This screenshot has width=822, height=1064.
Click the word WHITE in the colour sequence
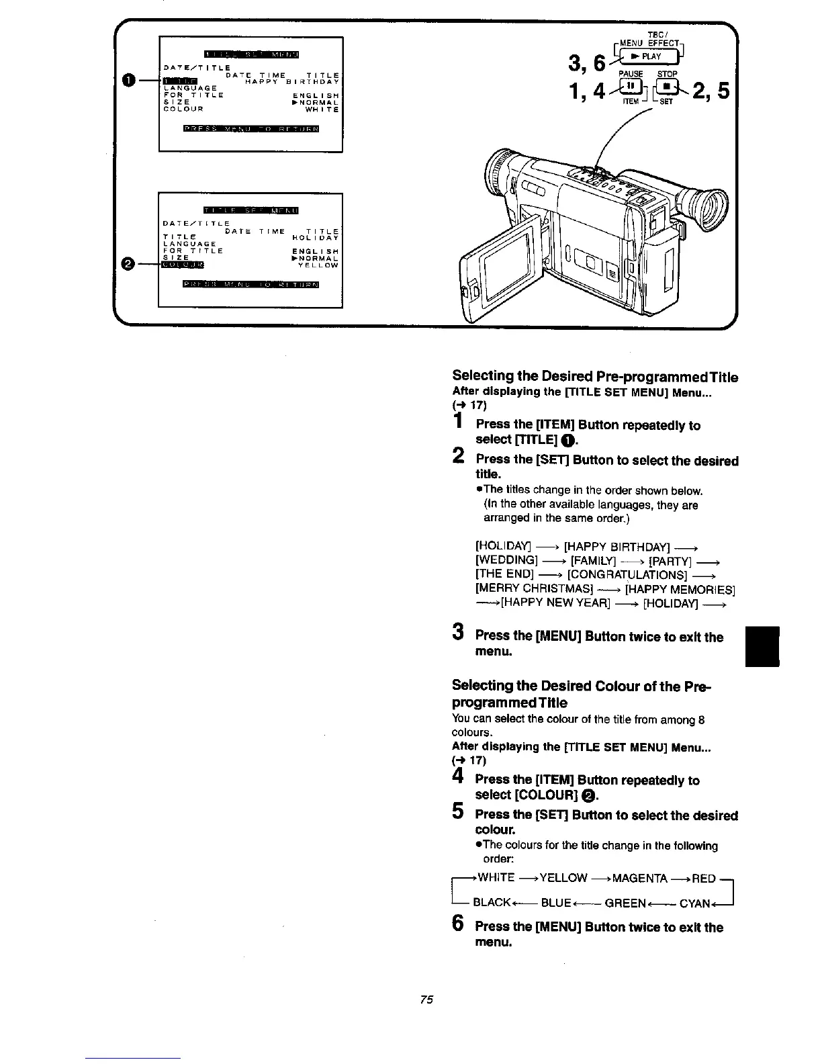click(495, 878)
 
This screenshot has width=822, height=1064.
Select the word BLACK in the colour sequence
click(492, 903)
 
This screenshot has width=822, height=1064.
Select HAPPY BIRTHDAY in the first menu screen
click(291, 82)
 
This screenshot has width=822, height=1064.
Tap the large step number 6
click(457, 925)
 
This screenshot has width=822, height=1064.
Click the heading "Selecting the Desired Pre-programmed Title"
click(595, 377)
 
